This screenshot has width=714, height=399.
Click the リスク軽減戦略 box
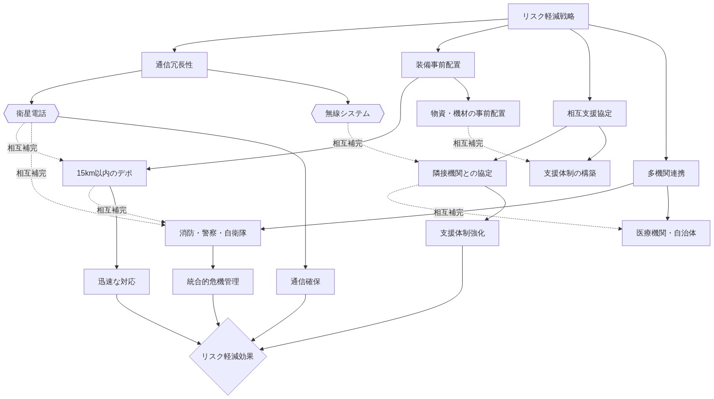(548, 16)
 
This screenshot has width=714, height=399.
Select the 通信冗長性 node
(174, 65)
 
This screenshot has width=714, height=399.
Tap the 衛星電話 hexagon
(31, 114)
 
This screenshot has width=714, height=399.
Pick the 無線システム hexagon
(348, 114)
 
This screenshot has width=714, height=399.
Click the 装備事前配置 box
(438, 65)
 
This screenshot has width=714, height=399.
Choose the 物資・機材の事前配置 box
(468, 114)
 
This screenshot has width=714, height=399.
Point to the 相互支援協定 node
(589, 114)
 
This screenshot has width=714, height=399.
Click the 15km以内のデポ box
(104, 173)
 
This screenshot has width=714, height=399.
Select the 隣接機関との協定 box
(462, 173)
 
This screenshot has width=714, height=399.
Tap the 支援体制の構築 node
(570, 173)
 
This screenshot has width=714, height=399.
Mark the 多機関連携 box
(666, 173)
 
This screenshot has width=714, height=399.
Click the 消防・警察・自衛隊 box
(213, 233)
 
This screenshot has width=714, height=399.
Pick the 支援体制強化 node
(462, 233)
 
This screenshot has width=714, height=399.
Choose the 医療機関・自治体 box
(666, 233)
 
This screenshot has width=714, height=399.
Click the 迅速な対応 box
(116, 282)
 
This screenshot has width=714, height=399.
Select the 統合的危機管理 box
(213, 282)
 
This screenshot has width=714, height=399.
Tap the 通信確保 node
(305, 282)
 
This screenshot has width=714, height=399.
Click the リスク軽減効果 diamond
(228, 356)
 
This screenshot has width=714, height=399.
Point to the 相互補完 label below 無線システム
(347, 143)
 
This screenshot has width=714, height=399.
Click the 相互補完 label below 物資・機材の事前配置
(468, 143)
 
